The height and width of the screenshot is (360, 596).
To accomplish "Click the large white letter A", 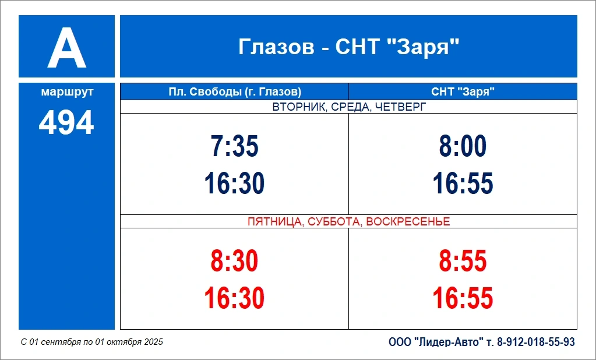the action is [x=66, y=48].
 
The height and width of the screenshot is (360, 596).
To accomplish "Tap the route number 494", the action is [x=66, y=122].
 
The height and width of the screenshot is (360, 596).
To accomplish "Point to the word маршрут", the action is [x=67, y=92].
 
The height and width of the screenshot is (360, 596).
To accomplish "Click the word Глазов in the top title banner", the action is [x=276, y=47].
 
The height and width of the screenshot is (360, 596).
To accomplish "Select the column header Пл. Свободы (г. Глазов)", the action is [x=235, y=91].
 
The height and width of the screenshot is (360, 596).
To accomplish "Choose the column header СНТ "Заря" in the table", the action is [x=463, y=91].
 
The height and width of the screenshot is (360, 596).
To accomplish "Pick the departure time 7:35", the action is [x=235, y=146].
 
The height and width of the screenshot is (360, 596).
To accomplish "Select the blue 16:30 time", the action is [x=235, y=183].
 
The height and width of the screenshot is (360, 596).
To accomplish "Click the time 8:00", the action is [x=463, y=146].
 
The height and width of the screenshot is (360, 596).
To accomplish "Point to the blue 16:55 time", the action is [x=463, y=183].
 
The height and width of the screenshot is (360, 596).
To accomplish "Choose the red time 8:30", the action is [x=235, y=261].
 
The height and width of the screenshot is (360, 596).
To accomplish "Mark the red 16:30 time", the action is [x=235, y=298].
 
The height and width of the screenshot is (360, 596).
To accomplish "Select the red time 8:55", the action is [x=463, y=261].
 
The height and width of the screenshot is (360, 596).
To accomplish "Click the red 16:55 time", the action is [x=463, y=298].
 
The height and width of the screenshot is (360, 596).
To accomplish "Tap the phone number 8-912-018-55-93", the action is [x=536, y=342].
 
